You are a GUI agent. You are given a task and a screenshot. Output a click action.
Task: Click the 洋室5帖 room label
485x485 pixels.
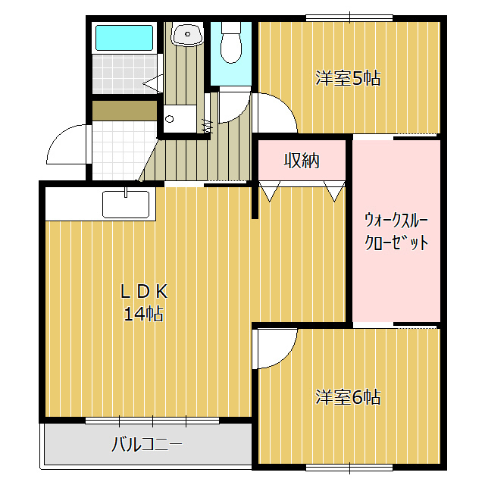coord(348,77)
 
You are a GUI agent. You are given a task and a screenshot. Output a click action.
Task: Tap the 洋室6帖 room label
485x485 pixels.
coord(348,396)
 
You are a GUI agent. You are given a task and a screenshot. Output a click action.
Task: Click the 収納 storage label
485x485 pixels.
coord(302,161)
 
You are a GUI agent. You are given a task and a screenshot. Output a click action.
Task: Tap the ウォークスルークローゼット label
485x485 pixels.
coord(396,232)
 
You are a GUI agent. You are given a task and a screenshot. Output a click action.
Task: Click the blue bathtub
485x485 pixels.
coord(124,38)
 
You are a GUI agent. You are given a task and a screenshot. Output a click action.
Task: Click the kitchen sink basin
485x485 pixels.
coord(127,205)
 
